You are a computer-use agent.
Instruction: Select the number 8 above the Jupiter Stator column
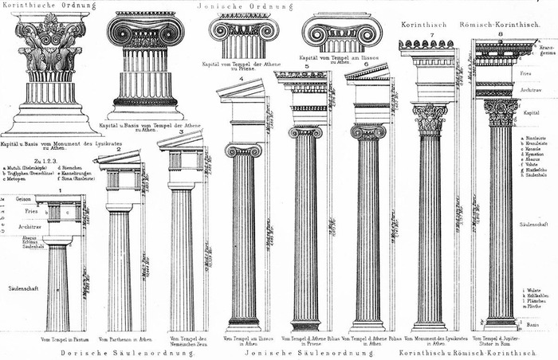[501, 35]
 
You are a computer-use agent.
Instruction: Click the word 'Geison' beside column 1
[23, 198]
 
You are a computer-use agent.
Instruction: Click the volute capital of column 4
[243, 151]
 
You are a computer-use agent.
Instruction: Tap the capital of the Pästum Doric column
[57, 240]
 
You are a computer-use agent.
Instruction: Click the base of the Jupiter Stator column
[501, 323]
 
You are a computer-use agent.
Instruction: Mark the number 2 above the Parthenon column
[119, 149]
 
